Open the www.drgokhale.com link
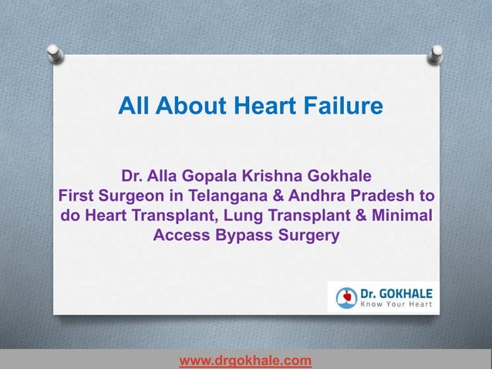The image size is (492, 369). click(x=245, y=360)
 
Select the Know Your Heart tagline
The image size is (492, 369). click(x=396, y=304)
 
